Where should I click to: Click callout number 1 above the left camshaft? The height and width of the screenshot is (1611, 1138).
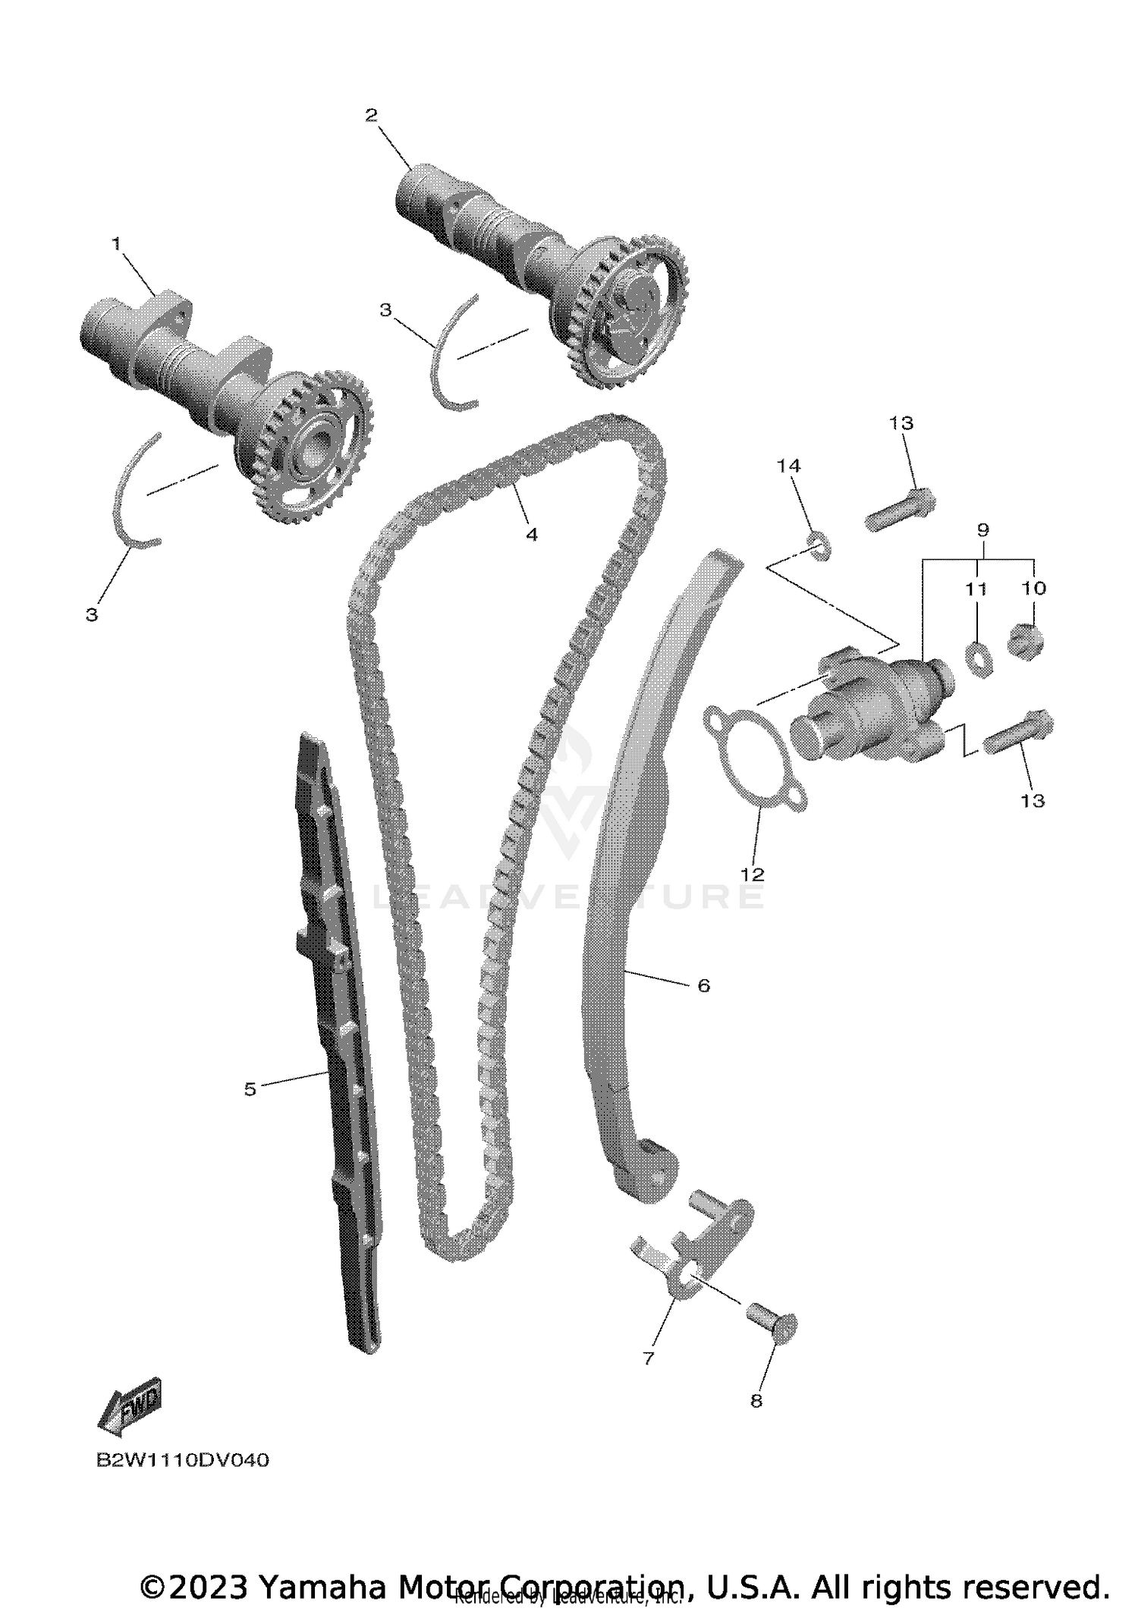pyautogui.click(x=116, y=244)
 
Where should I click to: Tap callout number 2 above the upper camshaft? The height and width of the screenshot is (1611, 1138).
pyautogui.click(x=371, y=115)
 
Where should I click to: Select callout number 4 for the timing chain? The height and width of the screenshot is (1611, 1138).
pyautogui.click(x=532, y=535)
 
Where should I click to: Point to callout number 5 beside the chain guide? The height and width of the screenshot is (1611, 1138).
pyautogui.click(x=250, y=1089)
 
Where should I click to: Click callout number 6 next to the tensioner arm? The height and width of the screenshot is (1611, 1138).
pyautogui.click(x=703, y=985)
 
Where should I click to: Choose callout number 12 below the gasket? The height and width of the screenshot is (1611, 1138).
pyautogui.click(x=753, y=874)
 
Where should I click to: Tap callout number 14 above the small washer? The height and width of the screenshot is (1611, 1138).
pyautogui.click(x=789, y=466)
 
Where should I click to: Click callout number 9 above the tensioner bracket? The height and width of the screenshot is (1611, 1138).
pyautogui.click(x=982, y=529)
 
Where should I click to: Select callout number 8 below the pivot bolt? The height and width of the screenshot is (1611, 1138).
pyautogui.click(x=756, y=1401)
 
